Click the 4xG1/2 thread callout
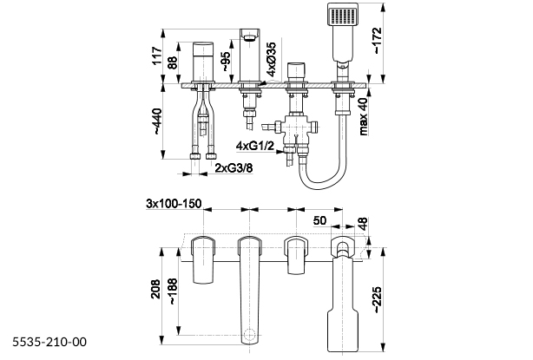[x=258, y=144]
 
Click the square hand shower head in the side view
[x=341, y=19]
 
